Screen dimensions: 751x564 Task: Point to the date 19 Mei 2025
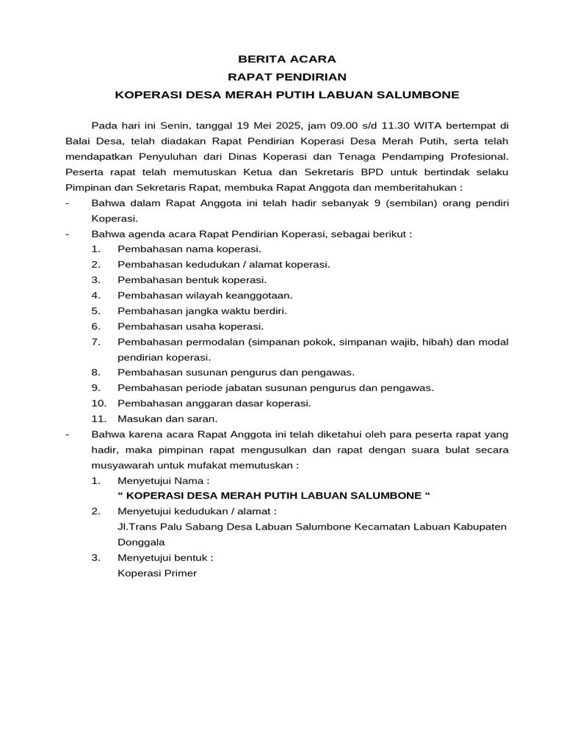pyautogui.click(x=262, y=125)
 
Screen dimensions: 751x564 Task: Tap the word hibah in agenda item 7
pyautogui.click(x=435, y=342)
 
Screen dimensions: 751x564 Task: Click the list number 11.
pyautogui.click(x=98, y=419)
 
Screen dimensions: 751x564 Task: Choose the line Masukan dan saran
pyautogui.click(x=167, y=419)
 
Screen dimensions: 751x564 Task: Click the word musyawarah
pyautogui.click(x=118, y=465)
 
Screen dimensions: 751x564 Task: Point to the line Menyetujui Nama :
pyautogui.click(x=164, y=480)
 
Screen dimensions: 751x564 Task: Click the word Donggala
pyautogui.click(x=141, y=542)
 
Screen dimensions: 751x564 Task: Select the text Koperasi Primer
pyautogui.click(x=157, y=573)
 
